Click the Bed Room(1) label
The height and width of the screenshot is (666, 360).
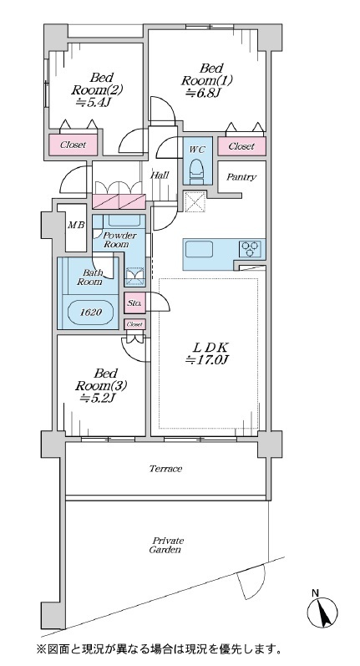[x=208, y=80]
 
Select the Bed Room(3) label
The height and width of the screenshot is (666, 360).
[x=101, y=386]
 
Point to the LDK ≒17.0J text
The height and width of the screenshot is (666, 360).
[x=207, y=353]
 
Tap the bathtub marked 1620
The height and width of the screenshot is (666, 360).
[x=90, y=313]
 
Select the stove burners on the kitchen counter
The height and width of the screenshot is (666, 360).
[x=249, y=248]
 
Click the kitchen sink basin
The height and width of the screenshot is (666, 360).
[x=199, y=249]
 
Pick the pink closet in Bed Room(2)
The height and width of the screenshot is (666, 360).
[x=73, y=145]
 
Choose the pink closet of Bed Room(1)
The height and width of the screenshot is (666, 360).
[x=241, y=146]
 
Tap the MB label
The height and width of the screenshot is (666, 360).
[x=76, y=225]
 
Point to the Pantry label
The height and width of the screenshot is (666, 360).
[x=241, y=177]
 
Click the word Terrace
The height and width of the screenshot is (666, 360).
[x=165, y=469]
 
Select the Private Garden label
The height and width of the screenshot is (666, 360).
[x=166, y=546]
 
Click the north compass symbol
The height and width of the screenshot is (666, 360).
[x=322, y=609]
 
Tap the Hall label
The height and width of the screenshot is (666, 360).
[x=160, y=175]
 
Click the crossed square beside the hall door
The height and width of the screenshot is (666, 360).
[x=195, y=201]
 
